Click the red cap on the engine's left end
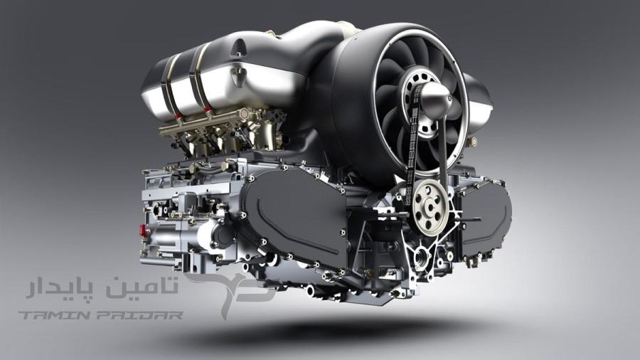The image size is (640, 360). pyautogui.click(x=142, y=231)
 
